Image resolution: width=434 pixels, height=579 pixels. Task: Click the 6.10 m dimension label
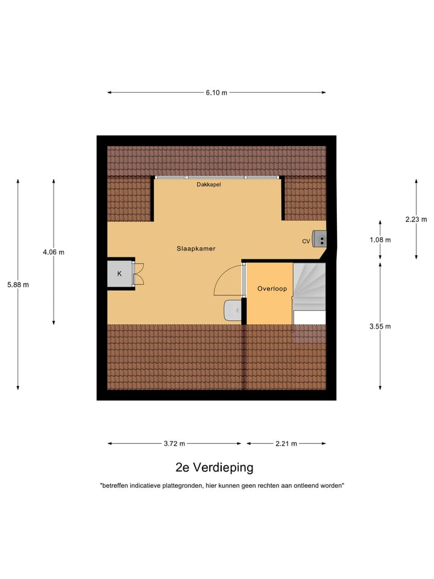click(x=216, y=93)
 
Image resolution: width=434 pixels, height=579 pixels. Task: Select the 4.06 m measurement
click(x=54, y=252)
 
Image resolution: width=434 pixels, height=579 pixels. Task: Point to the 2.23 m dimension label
click(x=416, y=220)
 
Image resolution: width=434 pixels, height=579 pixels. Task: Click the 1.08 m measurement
click(x=380, y=240)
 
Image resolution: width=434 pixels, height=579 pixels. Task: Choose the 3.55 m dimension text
click(x=380, y=326)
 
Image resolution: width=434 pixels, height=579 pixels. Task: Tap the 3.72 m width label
click(x=175, y=444)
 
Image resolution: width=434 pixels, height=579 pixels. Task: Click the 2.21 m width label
click(x=286, y=444)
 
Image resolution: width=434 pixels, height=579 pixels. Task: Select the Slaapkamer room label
click(x=196, y=248)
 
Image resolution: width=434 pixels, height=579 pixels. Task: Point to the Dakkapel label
click(x=209, y=185)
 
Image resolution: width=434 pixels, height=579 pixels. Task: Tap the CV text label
click(x=306, y=241)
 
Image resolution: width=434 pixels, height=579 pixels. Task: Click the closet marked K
click(x=119, y=274)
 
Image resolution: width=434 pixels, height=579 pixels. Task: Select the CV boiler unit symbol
click(x=319, y=239)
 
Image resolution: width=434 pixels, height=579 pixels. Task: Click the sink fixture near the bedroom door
click(x=232, y=311)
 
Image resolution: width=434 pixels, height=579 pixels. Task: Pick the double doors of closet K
click(x=139, y=274)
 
